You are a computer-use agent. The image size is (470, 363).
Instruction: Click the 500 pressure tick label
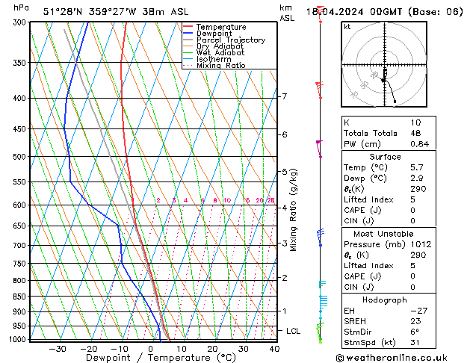tap(21, 157)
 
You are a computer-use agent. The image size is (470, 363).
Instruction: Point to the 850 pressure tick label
tap(21, 297)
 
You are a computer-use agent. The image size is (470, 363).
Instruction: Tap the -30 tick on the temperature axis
tap(58, 349)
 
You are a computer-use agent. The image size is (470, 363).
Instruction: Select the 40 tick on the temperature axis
tap(274, 349)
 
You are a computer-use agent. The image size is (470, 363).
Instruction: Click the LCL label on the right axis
tap(294, 330)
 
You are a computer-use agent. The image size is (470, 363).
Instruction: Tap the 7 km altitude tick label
tap(284, 96)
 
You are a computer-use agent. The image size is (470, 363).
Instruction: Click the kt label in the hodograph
tap(347, 26)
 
